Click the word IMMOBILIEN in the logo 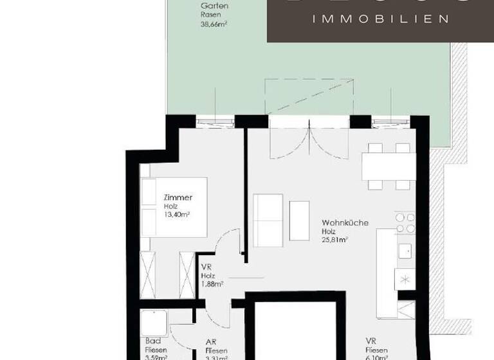[x=380, y=19]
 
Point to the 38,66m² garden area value [x=215, y=24]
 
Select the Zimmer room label [x=178, y=198]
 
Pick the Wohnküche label [x=345, y=223]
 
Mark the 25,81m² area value [x=335, y=240]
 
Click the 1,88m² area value [x=212, y=283]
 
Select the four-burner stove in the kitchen [x=405, y=223]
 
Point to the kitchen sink [x=405, y=250]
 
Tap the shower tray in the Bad [x=155, y=324]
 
